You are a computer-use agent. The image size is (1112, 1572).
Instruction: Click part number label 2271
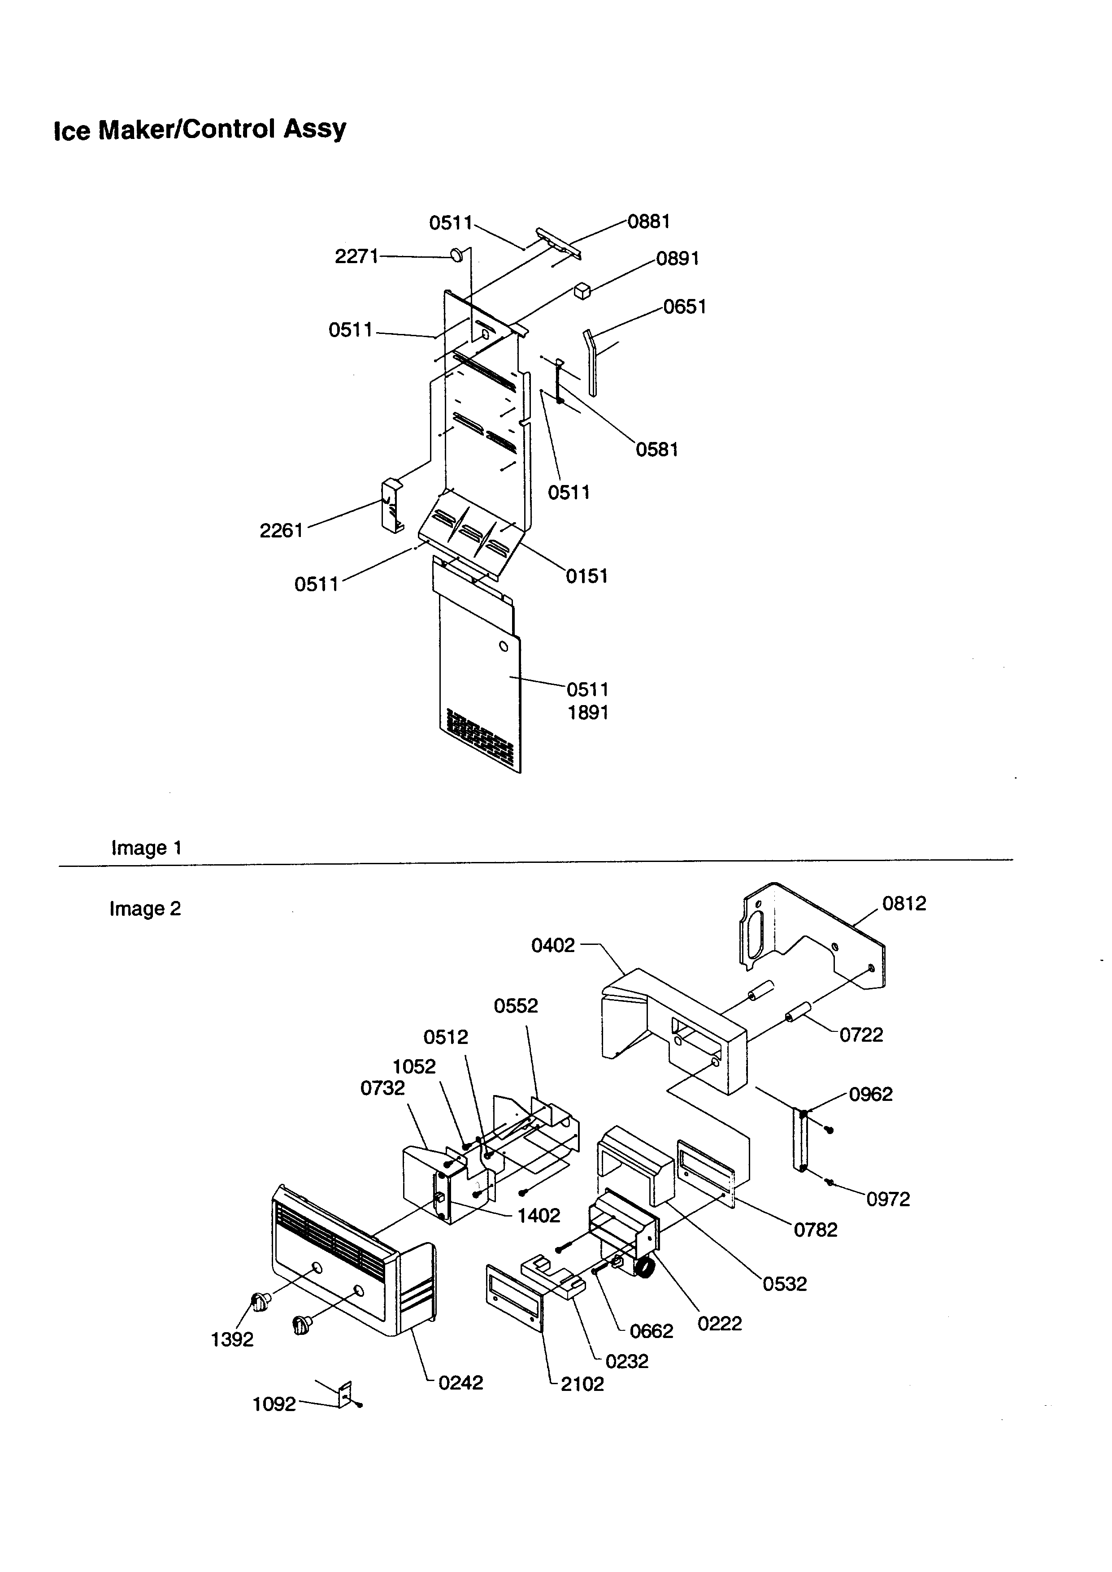356,256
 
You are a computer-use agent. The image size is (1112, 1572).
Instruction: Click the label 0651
684,306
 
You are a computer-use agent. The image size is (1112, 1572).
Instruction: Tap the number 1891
587,712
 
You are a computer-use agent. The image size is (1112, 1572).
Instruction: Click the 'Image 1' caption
147,848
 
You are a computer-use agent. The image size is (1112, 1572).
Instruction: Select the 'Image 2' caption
145,909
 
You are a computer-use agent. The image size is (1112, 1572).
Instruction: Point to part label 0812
904,903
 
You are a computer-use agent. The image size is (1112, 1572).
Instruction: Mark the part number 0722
861,1035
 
